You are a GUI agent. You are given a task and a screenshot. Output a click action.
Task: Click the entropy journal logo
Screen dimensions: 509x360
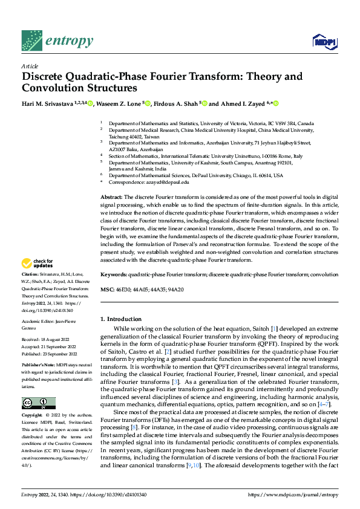(x=57, y=41)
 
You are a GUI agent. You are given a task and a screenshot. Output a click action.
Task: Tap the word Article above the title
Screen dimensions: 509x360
(x=30, y=66)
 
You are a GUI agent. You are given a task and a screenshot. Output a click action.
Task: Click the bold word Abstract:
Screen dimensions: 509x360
(x=111, y=197)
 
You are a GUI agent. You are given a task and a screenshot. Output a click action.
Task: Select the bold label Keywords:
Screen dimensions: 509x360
(x=114, y=274)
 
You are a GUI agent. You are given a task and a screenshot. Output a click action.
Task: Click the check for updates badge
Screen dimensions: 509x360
(x=38, y=263)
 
